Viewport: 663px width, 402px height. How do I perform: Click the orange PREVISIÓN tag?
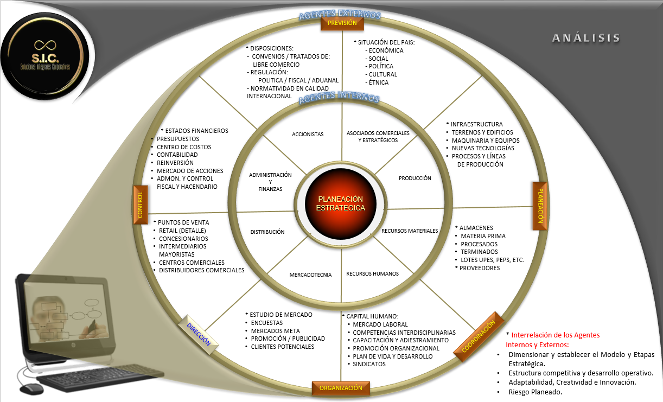click(342, 23)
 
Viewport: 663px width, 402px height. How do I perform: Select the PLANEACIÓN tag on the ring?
click(539, 206)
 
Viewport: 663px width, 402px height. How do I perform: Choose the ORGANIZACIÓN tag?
click(341, 388)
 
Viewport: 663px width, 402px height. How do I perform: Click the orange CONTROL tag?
click(140, 205)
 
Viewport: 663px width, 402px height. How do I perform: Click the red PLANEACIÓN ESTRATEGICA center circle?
click(341, 203)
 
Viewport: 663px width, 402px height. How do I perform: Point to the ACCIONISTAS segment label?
click(308, 134)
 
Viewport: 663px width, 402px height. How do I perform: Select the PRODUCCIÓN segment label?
click(415, 178)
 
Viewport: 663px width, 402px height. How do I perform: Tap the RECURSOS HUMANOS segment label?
click(372, 273)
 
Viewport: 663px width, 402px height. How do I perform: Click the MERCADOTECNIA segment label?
click(310, 275)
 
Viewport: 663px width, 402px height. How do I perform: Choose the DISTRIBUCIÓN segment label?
click(267, 232)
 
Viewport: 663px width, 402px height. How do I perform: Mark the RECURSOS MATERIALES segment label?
click(410, 231)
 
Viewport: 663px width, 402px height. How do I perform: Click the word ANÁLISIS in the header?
click(586, 38)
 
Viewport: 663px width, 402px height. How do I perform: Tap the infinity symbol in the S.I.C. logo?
click(46, 44)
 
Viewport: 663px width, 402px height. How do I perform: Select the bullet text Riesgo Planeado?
click(535, 392)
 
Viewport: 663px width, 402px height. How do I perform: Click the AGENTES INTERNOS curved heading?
click(339, 98)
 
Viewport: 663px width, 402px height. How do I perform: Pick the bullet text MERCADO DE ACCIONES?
click(190, 171)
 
